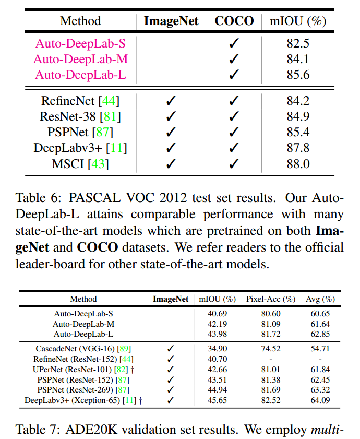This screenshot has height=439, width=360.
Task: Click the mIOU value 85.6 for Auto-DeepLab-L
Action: (x=298, y=75)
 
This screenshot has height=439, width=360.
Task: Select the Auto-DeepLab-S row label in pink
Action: (x=80, y=43)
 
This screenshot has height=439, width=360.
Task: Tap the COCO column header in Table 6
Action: (x=234, y=21)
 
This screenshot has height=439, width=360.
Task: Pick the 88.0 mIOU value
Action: (x=298, y=164)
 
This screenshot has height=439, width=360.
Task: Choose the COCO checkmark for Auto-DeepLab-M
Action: (x=234, y=59)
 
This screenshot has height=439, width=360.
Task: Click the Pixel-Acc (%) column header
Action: (x=271, y=299)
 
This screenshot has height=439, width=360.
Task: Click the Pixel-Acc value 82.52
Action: (x=271, y=400)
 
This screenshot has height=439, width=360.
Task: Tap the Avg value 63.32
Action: (x=320, y=390)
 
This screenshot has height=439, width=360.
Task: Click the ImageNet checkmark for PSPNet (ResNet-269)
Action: (x=171, y=390)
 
